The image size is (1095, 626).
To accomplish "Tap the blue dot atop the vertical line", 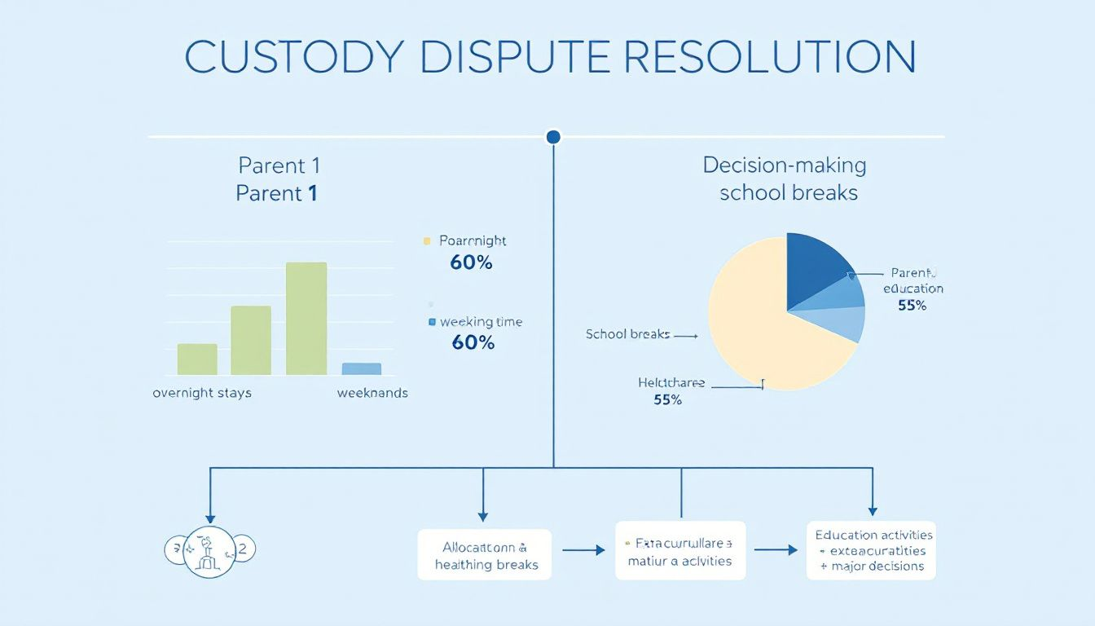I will click(553, 137).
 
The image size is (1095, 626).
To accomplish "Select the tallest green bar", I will click(306, 319).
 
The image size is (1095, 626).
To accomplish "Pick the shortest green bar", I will click(197, 359).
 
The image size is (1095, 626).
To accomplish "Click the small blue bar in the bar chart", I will click(361, 368).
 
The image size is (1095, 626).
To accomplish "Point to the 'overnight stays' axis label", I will click(202, 393).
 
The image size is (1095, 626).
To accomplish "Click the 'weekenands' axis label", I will click(372, 393).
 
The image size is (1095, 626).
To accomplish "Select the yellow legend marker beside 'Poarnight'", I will click(425, 241).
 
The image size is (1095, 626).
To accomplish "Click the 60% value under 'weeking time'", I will click(473, 342).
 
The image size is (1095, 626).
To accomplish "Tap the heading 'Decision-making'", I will click(784, 165).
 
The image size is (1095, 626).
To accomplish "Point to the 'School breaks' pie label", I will click(627, 334).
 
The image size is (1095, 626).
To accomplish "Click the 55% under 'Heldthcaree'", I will click(667, 400).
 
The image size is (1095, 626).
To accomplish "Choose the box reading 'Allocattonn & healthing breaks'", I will click(484, 555).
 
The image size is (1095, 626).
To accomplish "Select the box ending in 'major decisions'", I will click(871, 550).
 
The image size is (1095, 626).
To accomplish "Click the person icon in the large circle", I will click(210, 551).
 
